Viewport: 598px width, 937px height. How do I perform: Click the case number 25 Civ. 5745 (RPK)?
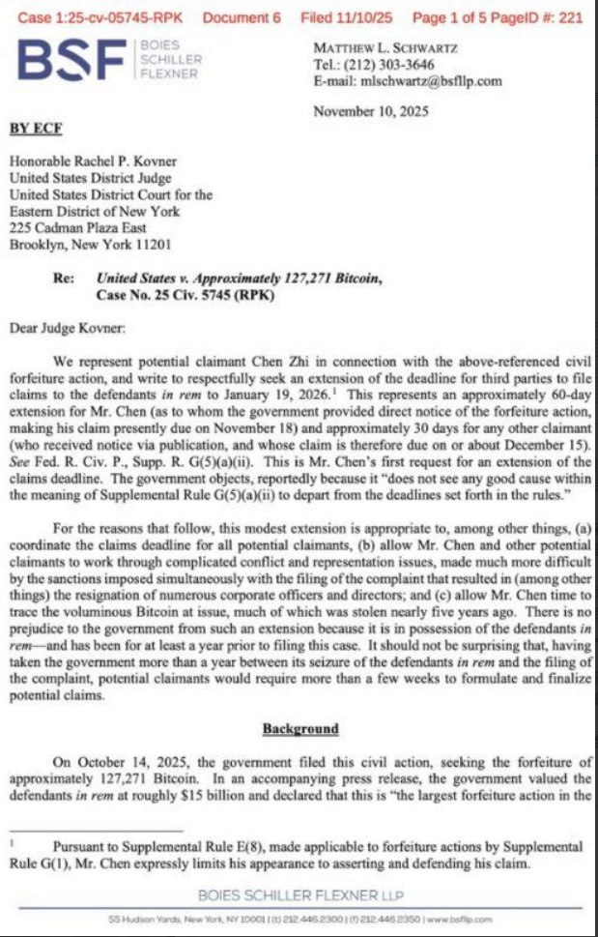(187, 295)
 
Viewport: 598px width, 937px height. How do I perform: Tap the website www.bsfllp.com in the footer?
(458, 920)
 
